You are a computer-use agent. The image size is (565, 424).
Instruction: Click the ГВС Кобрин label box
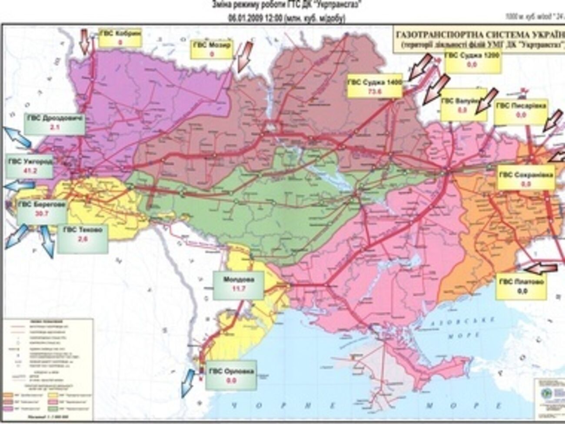point(120,37)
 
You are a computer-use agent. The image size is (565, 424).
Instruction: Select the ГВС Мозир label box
point(213,50)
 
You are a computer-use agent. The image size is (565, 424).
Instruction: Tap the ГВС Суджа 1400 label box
point(375,86)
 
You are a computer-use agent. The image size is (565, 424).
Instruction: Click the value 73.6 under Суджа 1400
point(375,91)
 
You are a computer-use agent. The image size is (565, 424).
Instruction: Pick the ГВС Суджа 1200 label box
point(473,60)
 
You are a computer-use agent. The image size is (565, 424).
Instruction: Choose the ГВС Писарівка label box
point(521,110)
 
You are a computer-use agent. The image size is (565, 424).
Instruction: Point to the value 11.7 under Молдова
point(238,289)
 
